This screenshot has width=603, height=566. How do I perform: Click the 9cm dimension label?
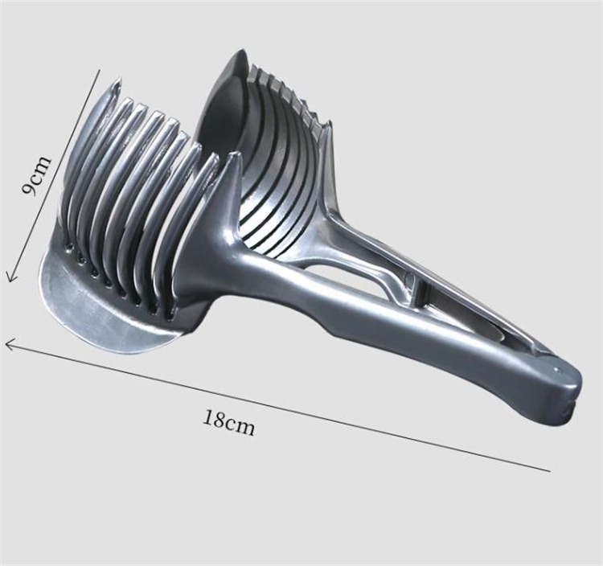tap(36, 174)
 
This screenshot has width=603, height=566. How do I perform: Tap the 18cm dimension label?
tap(229, 422)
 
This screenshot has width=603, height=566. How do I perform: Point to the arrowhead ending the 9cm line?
tap(10, 275)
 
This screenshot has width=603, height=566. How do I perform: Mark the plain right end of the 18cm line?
tap(550, 470)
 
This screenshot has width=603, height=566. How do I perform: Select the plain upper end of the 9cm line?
tap(100, 70)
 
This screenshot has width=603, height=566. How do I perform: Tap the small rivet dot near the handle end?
tap(556, 370)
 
